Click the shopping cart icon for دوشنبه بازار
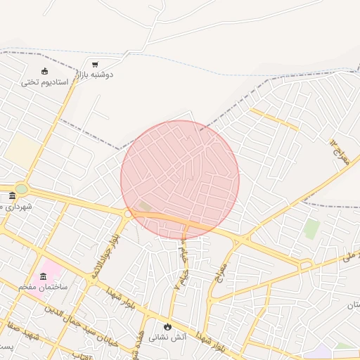tap(95, 65)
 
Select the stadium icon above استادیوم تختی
tap(45, 71)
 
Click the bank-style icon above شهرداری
tap(12, 195)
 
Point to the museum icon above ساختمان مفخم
tap(44, 276)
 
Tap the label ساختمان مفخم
tap(43, 287)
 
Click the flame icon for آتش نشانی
tap(167, 326)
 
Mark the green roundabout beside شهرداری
tap(21, 188)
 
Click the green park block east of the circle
tap(311, 229)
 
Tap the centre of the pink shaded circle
tap(180, 180)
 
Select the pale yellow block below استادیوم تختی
tap(22, 150)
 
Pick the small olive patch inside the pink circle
tap(145, 206)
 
